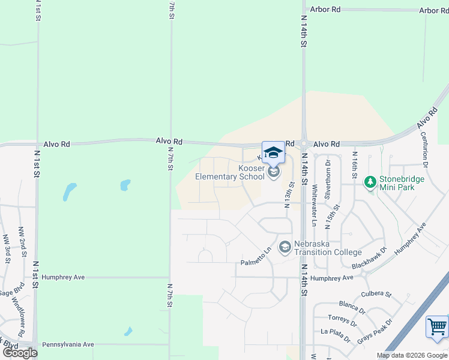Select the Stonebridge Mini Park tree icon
(x=370, y=181)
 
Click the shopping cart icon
(x=437, y=328)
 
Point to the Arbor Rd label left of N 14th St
(x=326, y=10)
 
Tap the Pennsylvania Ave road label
(x=68, y=344)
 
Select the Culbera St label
(x=376, y=295)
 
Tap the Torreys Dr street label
(x=343, y=320)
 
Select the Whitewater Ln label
(x=314, y=205)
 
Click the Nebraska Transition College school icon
(x=285, y=247)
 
